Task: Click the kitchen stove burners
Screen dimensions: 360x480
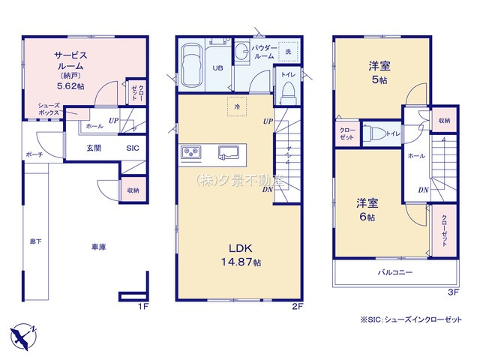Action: click(190, 154)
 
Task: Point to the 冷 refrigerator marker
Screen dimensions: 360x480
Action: click(235, 108)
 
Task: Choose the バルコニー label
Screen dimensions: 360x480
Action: click(394, 272)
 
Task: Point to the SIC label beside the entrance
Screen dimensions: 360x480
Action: click(132, 148)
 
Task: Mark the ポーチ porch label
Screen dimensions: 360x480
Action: click(34, 154)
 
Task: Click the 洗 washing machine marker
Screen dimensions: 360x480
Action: click(289, 51)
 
